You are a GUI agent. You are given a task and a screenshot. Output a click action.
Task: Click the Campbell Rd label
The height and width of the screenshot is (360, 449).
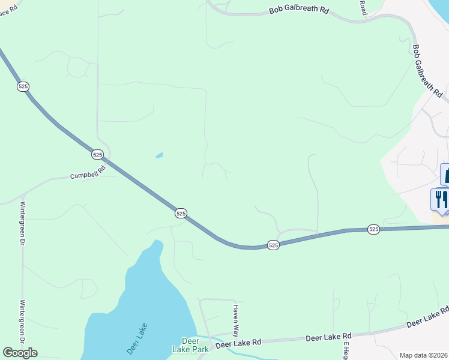point(88,173)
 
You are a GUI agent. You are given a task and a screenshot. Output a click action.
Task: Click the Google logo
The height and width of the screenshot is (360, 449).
point(20,353)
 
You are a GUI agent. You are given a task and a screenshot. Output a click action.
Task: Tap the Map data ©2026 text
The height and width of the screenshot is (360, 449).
point(424,355)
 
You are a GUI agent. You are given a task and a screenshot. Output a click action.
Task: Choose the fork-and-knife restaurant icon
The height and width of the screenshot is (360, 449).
point(440,199)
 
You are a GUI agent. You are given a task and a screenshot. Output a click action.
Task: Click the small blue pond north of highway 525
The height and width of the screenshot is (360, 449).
point(159,155)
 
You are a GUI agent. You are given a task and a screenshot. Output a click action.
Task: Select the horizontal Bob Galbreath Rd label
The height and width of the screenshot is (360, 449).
point(299,11)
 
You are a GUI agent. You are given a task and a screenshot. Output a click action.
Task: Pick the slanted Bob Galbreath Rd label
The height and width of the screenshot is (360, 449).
point(427,71)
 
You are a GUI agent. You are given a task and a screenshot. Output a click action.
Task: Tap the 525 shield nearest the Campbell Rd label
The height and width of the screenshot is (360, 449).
point(98,155)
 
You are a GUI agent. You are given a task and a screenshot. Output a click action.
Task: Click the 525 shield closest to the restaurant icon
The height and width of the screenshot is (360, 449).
point(373,229)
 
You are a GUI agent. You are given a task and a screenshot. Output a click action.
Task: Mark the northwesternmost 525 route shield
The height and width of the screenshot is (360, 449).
point(23,86)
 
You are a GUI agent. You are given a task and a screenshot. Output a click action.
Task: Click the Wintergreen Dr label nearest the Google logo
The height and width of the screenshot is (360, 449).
point(22,321)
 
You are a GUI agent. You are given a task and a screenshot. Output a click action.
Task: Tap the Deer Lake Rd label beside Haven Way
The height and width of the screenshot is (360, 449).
point(238,343)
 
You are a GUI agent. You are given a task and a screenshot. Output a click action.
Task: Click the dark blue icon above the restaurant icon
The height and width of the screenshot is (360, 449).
point(445,174)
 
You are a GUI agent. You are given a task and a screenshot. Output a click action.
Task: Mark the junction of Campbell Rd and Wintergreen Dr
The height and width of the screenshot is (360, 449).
point(23,196)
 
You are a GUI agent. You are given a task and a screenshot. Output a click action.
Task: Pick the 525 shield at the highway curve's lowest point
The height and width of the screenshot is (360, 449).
point(273,245)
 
